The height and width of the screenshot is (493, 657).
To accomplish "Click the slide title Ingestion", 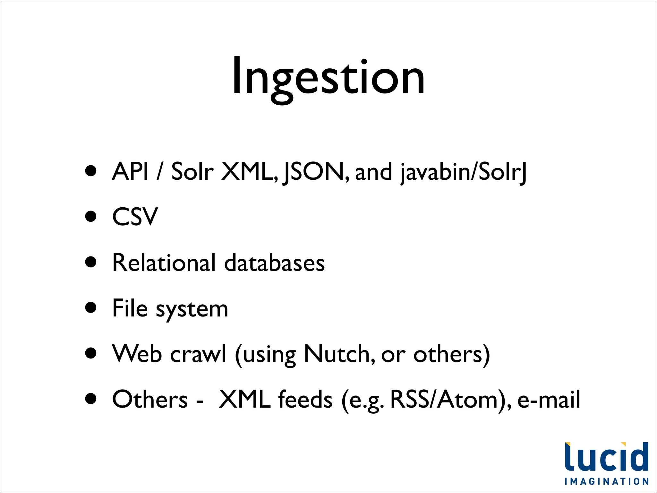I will (328, 77).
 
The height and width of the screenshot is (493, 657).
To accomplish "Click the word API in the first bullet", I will (130, 171).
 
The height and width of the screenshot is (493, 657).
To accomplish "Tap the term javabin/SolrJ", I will (463, 172).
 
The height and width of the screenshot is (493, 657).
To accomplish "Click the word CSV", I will (135, 217).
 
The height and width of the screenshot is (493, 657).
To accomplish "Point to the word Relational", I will (164, 263).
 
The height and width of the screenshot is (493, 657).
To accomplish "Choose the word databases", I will (274, 263).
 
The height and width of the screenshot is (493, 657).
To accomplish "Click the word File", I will (130, 308).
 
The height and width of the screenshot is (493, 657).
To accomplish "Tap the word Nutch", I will (338, 354).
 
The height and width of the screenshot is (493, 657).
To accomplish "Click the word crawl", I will (198, 354).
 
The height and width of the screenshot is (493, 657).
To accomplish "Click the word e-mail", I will (549, 400).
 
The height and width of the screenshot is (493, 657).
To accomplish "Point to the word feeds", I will (305, 400).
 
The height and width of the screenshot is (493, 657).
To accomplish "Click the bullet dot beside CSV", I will (91, 216).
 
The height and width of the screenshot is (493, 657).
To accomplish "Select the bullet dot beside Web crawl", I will (91, 353).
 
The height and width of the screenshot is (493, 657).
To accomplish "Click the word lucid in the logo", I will (606, 457).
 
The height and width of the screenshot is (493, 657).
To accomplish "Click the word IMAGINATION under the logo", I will (607, 481).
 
